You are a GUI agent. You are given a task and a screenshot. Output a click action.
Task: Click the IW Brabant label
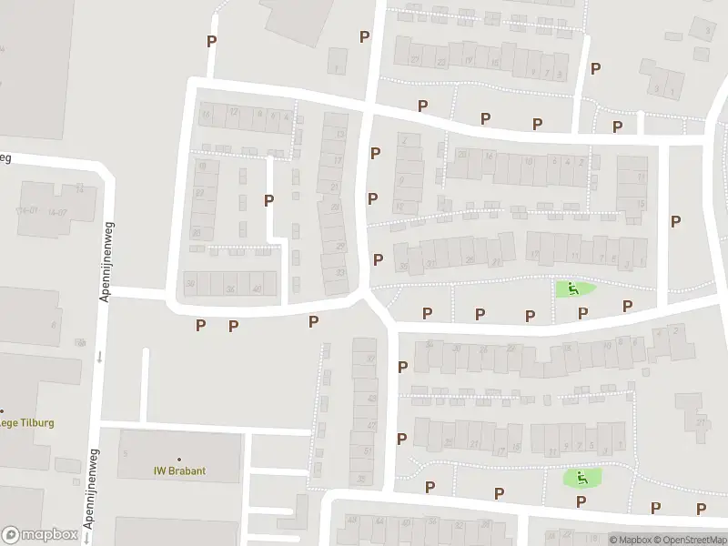178,471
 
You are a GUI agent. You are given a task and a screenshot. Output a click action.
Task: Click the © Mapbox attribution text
632,539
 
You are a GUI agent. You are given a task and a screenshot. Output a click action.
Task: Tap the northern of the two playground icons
573,289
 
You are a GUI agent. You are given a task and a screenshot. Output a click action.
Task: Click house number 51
368,451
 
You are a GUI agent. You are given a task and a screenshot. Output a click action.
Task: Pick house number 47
370,426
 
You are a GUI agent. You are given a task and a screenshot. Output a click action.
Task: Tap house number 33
341,273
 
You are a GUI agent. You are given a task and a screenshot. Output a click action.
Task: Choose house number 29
341,248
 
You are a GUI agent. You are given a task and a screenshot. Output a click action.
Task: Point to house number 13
340,135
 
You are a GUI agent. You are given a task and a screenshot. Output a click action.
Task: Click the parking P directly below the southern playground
581,501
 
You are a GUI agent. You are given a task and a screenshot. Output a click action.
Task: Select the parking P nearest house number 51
401,439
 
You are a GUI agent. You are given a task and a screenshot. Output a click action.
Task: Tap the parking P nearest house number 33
378,259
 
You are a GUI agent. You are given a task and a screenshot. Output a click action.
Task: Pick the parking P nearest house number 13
374,153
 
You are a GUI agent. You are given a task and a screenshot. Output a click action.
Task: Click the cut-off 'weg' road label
5,157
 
